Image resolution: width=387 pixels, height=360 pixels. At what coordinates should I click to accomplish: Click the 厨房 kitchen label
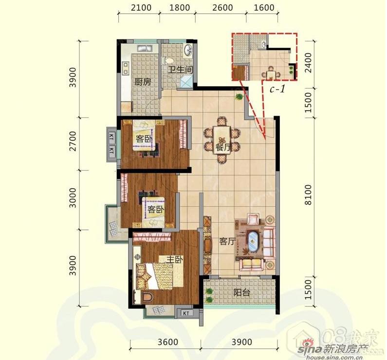143,82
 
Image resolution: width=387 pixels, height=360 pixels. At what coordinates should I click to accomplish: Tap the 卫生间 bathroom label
180,70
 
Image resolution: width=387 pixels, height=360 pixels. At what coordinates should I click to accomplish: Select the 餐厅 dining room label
223,148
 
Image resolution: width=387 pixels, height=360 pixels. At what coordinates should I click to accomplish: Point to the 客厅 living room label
227,241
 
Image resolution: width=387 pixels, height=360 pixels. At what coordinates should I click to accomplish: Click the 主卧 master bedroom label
174,260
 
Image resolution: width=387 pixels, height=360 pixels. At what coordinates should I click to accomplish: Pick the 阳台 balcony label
242,293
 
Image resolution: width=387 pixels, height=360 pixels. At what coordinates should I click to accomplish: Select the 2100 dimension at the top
141,8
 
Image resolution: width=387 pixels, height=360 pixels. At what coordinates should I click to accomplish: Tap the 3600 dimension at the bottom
168,342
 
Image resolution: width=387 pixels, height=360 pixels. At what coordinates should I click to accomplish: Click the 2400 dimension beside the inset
308,63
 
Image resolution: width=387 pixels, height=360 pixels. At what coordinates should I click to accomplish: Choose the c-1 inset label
277,89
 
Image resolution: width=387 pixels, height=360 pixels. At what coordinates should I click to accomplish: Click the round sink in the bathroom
188,50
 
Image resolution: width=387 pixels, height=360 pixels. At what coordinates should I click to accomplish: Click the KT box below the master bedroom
186,313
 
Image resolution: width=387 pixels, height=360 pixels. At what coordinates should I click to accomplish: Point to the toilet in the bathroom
168,60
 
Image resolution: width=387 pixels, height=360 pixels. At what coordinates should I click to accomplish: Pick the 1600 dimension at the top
264,8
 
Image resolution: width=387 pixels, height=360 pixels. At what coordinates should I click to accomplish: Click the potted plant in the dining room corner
239,96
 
